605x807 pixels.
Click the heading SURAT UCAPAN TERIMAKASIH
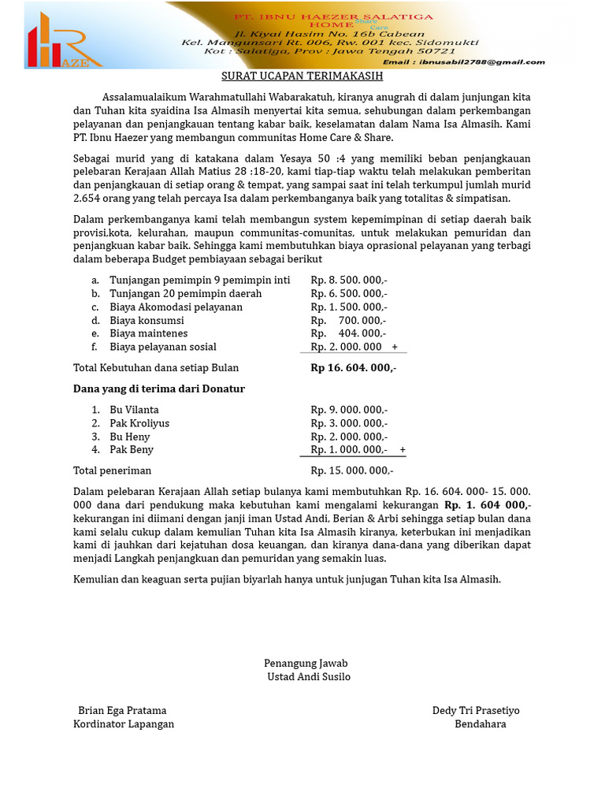click(x=302, y=76)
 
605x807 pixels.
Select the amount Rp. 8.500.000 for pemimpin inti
click(x=348, y=280)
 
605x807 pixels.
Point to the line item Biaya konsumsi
click(x=147, y=320)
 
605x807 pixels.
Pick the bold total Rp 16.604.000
click(x=353, y=367)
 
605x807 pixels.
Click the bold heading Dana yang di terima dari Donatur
click(x=158, y=389)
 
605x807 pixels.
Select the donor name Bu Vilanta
click(x=134, y=410)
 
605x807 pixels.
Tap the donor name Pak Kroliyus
click(x=139, y=423)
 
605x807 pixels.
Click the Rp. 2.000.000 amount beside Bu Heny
click(x=348, y=437)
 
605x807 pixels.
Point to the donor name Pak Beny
click(x=132, y=449)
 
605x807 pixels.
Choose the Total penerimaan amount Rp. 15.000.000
click(x=351, y=470)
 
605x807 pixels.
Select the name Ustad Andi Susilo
click(x=309, y=677)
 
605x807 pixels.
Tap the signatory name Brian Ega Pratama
click(x=122, y=710)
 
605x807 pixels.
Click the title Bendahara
click(x=480, y=723)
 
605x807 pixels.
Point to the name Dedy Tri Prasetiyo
click(x=476, y=710)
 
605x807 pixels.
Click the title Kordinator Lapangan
click(x=124, y=723)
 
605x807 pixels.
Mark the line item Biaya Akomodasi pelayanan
click(x=176, y=307)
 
